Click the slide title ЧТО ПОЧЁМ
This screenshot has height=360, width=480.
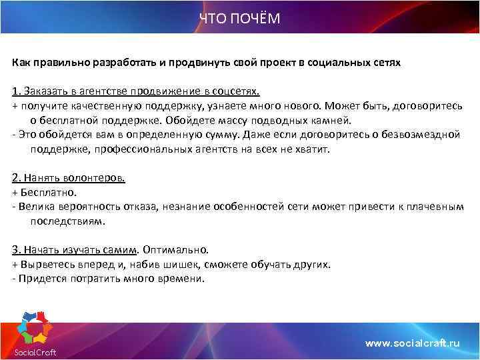[x=240, y=19]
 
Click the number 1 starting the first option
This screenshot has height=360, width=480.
[x=15, y=91]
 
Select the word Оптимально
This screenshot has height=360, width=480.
[x=176, y=250]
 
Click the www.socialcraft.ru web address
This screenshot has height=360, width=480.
[x=413, y=343]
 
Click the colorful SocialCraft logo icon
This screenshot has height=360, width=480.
[x=33, y=327]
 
